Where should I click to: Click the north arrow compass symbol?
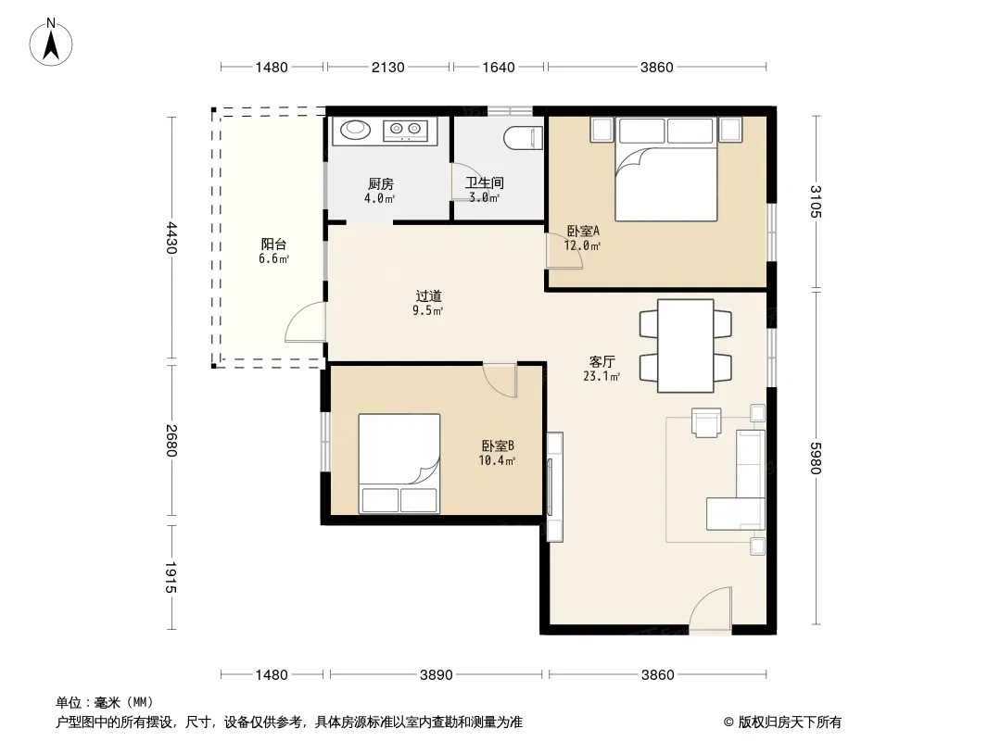tap(51, 43)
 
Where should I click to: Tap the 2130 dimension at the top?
tap(387, 68)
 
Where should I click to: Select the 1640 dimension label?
tap(499, 68)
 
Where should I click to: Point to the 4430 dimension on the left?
tap(171, 238)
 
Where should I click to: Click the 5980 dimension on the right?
tap(816, 458)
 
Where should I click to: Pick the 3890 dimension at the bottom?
tap(436, 675)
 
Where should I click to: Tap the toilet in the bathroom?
tap(523, 138)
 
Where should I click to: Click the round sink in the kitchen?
tap(356, 130)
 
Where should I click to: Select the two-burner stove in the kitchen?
tap(405, 131)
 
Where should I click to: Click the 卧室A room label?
tap(583, 231)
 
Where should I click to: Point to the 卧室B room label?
tap(498, 446)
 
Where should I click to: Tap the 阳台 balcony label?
tap(273, 245)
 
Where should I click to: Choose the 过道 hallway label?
tap(428, 295)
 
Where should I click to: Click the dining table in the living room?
tap(686, 345)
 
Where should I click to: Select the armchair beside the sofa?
tap(706, 421)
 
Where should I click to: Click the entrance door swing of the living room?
tap(711, 608)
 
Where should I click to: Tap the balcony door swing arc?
tap(306, 321)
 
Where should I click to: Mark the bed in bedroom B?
tap(399, 463)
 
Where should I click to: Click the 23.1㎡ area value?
tap(602, 376)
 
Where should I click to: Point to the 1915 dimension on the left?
tap(171, 577)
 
